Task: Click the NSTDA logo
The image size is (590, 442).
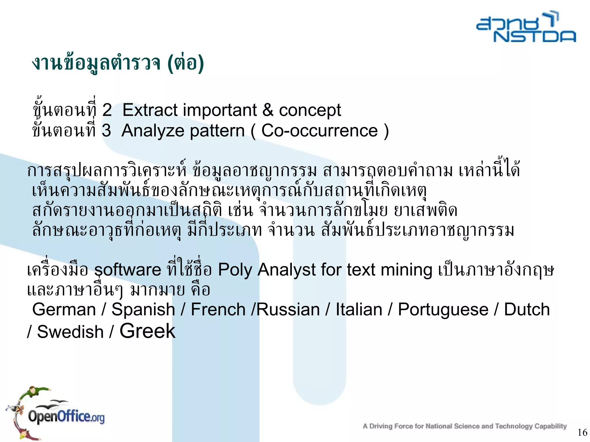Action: tap(526, 27)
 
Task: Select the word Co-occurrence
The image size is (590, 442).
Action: tap(319, 131)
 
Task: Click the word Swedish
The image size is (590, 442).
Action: tap(70, 332)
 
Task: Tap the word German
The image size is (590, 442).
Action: tap(64, 310)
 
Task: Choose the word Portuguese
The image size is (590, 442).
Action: tap(443, 310)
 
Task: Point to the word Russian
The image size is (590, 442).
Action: tap(288, 310)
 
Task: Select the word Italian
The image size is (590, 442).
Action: tap(359, 310)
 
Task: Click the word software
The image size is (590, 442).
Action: tap(128, 270)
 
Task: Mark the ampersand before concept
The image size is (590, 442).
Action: tap(268, 110)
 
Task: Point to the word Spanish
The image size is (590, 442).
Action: tap(143, 310)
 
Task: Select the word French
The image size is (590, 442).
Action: tap(218, 310)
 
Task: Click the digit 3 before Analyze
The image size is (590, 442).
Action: tap(106, 131)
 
